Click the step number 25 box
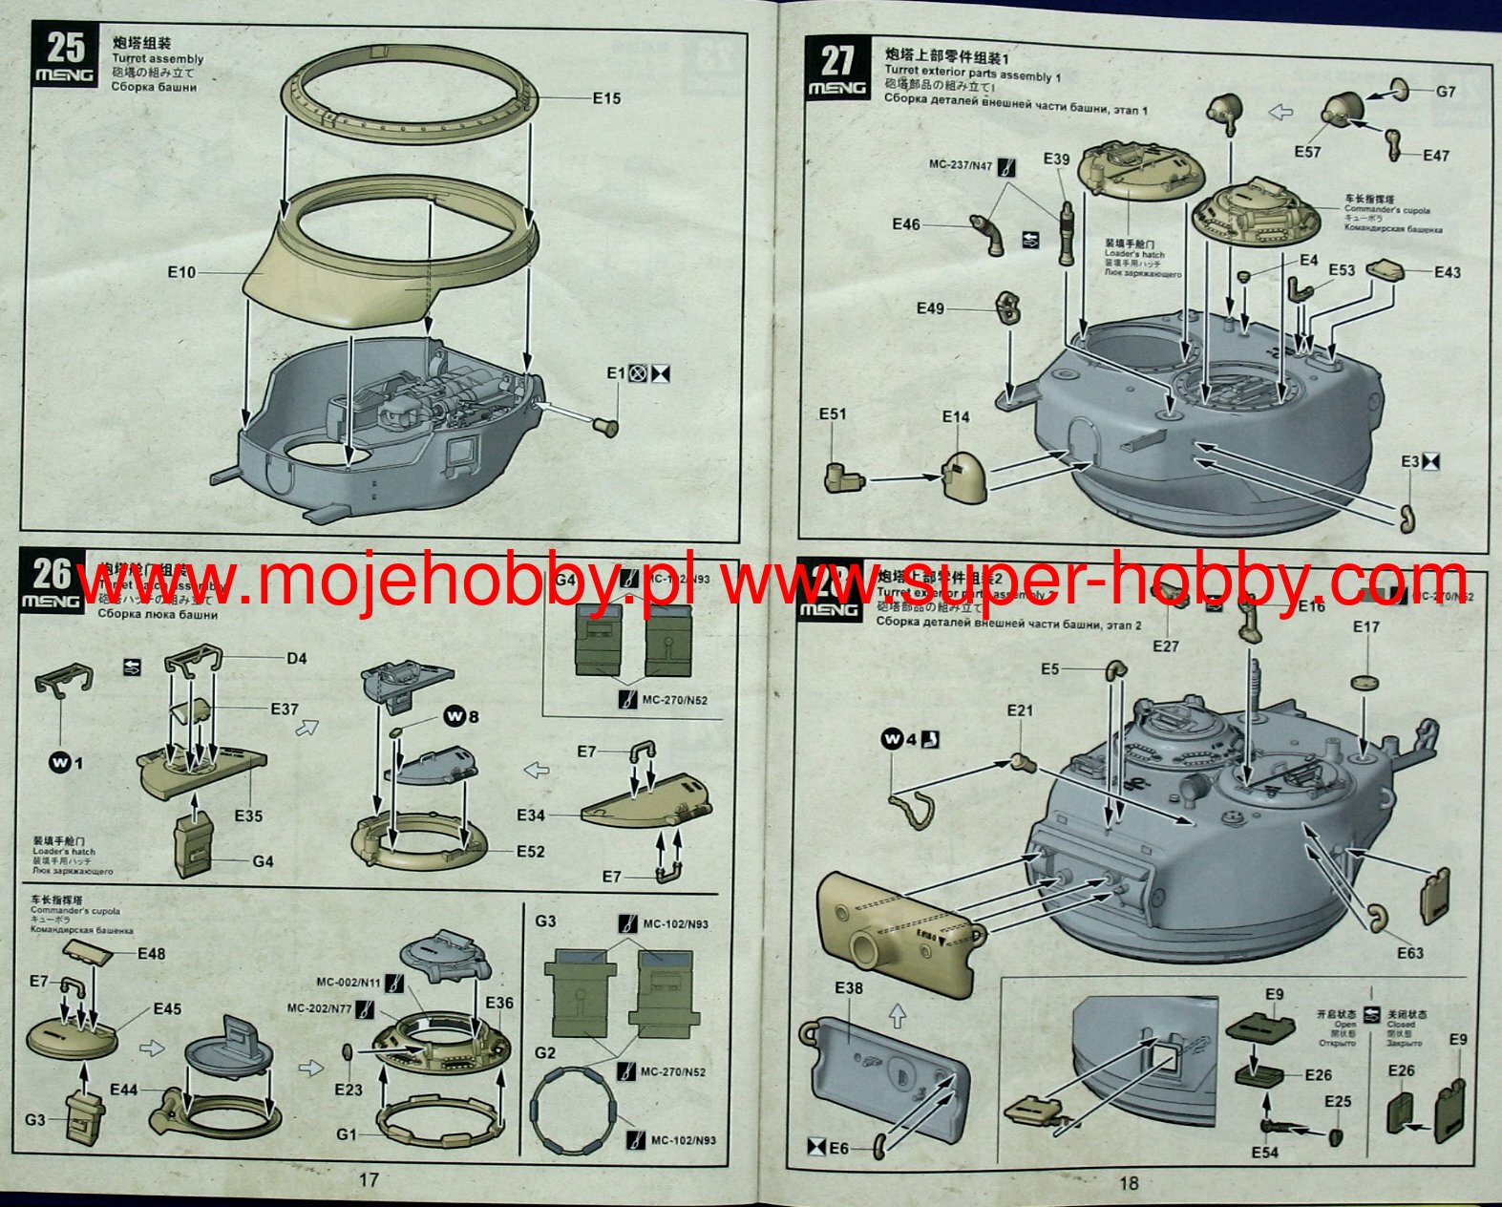[x=65, y=56]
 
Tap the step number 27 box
[x=836, y=68]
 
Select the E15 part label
[x=606, y=98]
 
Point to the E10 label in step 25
[x=181, y=273]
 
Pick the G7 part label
[x=1446, y=93]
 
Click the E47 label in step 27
[x=1435, y=156]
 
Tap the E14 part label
[x=955, y=417]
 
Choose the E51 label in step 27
[x=833, y=414]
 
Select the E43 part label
[x=1447, y=272]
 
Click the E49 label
[x=930, y=308]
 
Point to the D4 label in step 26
[x=297, y=658]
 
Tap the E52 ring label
[x=530, y=852]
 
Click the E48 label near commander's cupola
[x=151, y=953]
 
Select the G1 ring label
[x=346, y=1134]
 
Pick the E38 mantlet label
[x=848, y=988]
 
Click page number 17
[x=369, y=1179]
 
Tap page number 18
[x=1129, y=1183]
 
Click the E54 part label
[x=1264, y=1153]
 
